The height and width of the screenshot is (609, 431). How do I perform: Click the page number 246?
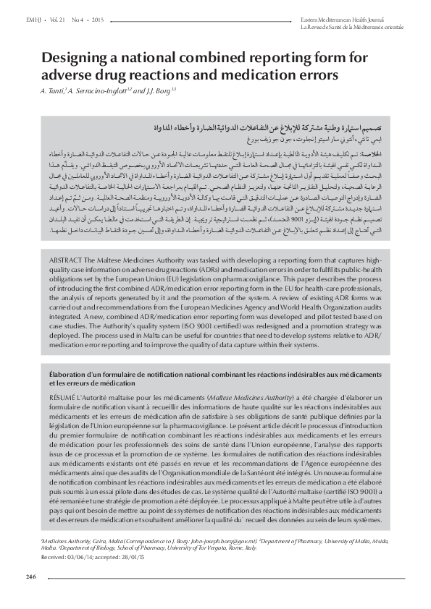pos(30,576)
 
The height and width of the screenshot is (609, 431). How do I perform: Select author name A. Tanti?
pos(55,91)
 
